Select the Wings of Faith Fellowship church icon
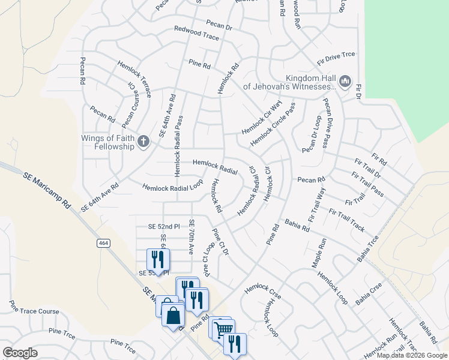pos(143,142)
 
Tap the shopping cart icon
pos(223,329)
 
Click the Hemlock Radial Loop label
pos(173,188)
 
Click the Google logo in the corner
pos(20,352)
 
